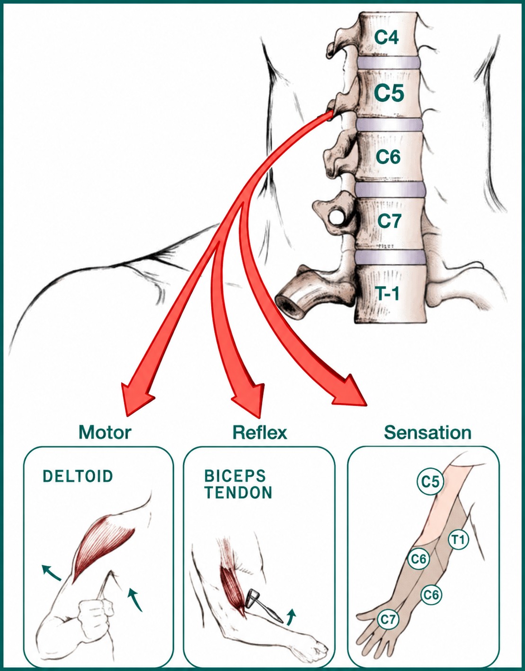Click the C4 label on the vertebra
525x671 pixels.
(x=386, y=38)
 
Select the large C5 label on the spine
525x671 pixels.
(x=389, y=93)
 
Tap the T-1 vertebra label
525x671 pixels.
(x=388, y=293)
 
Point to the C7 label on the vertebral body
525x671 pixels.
(x=389, y=221)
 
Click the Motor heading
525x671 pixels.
(x=105, y=432)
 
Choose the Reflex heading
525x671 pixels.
(x=260, y=432)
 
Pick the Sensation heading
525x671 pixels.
(x=428, y=433)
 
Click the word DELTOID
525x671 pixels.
(x=78, y=476)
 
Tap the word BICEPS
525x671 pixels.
(x=235, y=476)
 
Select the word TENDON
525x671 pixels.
(x=238, y=493)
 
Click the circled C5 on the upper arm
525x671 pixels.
(x=430, y=481)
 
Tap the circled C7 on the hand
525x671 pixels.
(x=388, y=619)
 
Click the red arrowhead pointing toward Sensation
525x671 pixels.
(x=350, y=390)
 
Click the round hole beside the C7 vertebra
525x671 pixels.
(x=335, y=218)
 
